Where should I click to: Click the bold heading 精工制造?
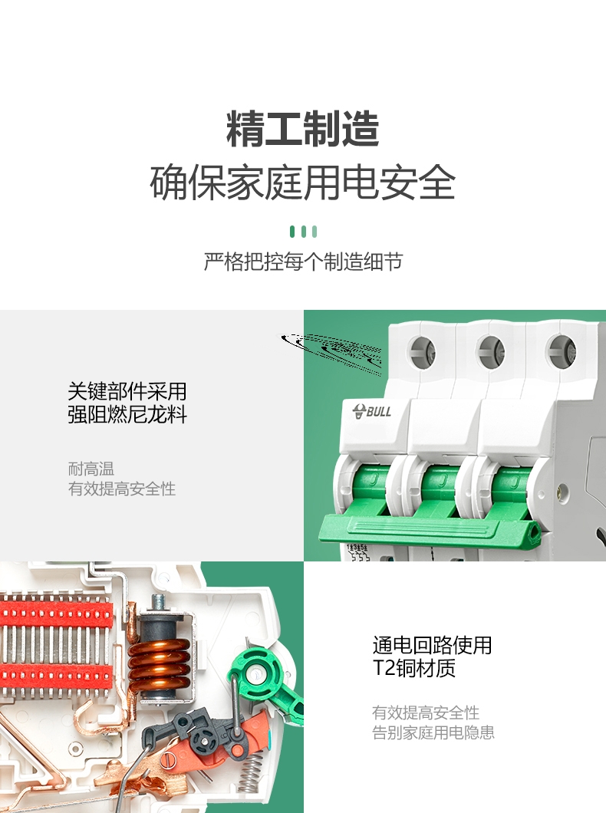303,129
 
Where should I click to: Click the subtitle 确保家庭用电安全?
303,183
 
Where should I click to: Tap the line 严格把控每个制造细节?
303,262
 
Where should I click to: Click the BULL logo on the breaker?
372,412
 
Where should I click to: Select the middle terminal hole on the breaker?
491,351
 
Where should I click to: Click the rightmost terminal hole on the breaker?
561,351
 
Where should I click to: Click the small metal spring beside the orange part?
250,772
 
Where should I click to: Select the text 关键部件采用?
127,391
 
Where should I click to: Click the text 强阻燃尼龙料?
127,415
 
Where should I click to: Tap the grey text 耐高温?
91,469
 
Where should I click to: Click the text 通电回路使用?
432,646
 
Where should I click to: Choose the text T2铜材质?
413,668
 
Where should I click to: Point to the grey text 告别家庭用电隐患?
433,732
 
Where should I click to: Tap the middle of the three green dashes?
303,232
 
